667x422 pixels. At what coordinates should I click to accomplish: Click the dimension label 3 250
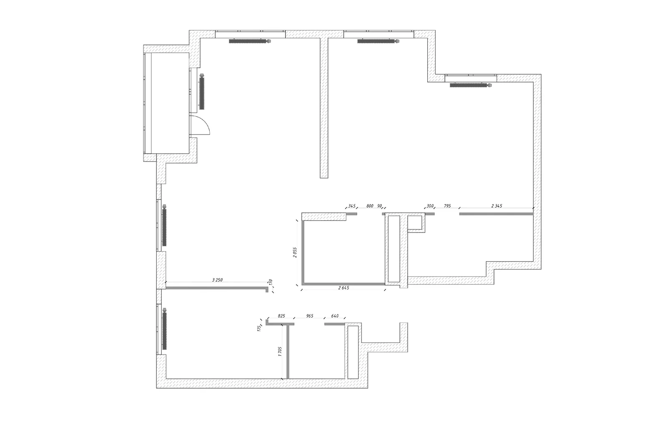tap(217, 280)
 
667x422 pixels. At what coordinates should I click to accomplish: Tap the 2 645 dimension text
tap(344, 288)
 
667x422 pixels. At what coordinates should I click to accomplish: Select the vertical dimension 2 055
tap(295, 252)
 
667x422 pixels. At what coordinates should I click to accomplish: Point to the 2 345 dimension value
tap(496, 206)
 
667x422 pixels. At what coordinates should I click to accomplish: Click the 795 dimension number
tap(447, 206)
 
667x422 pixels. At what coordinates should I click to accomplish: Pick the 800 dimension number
tap(370, 206)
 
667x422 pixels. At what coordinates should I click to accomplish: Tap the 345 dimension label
tap(352, 206)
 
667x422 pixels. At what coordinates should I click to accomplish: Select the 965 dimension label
tap(310, 316)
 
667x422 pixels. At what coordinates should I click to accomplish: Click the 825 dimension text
tap(281, 316)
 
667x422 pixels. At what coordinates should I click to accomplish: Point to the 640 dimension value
tap(335, 316)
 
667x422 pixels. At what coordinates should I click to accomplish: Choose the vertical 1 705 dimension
tap(280, 352)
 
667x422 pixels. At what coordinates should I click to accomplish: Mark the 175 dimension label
tap(259, 328)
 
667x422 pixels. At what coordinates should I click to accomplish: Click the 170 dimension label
tap(271, 282)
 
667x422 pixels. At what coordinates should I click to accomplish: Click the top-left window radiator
tap(250, 41)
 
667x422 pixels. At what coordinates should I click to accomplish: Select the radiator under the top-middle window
tap(379, 41)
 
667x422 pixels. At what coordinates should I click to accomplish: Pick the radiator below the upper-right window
tap(471, 85)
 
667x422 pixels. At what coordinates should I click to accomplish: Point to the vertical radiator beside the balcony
tap(203, 91)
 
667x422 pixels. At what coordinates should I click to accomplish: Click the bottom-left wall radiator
tap(164, 329)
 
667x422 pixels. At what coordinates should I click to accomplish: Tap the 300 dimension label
tap(430, 206)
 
